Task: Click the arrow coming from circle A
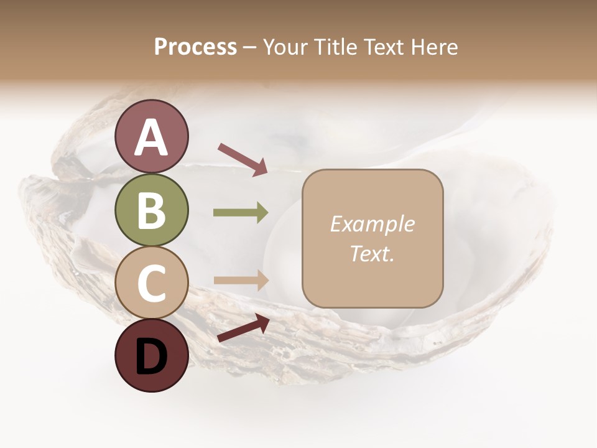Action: point(243,158)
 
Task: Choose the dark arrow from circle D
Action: point(243,328)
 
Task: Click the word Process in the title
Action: point(195,47)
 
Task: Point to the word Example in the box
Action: point(372,225)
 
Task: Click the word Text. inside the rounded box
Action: point(372,254)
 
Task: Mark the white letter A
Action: point(151,138)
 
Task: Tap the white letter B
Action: point(151,210)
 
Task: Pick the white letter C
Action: point(151,283)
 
